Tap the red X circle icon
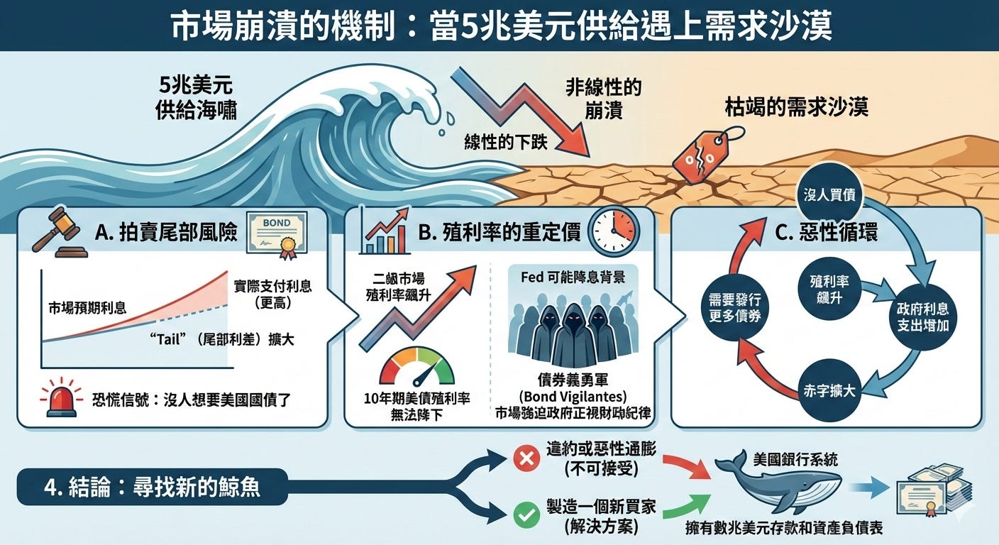click(526, 459)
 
